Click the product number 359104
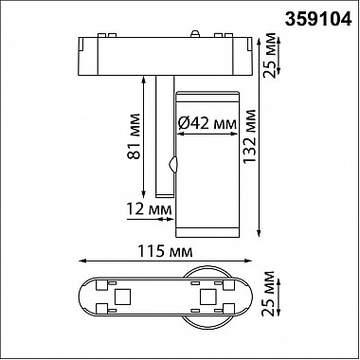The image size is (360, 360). click(x=318, y=20)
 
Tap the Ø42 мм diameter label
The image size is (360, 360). click(x=207, y=123)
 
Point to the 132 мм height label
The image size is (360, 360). click(x=250, y=136)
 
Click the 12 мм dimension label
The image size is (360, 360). click(x=149, y=209)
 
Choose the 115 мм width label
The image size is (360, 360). click(x=165, y=252)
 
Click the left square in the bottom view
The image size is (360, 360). click(x=122, y=297)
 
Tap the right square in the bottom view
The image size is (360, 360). click(x=207, y=297)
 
